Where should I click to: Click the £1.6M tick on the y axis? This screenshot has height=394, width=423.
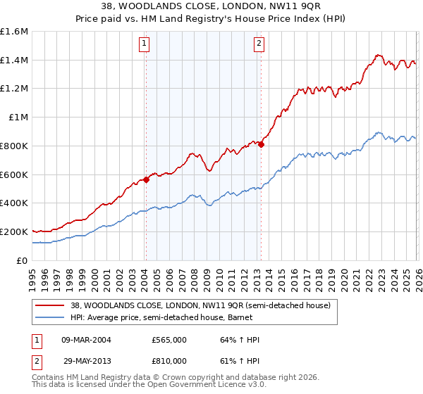(x=14, y=32)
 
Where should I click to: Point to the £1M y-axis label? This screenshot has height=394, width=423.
(x=18, y=117)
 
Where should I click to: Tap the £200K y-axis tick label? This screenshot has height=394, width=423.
(x=14, y=231)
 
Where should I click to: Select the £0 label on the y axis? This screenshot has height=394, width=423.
(x=23, y=260)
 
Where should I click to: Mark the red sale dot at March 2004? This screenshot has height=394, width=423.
(x=146, y=179)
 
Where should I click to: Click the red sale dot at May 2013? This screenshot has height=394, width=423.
(x=261, y=144)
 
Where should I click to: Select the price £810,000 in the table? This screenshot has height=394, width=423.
(x=169, y=360)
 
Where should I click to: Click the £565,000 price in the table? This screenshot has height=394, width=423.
(x=169, y=340)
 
